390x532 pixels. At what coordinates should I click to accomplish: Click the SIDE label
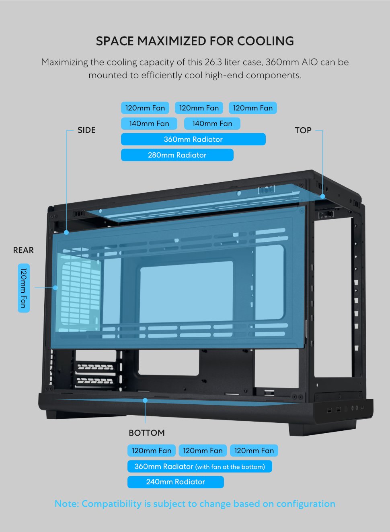pyautogui.click(x=86, y=130)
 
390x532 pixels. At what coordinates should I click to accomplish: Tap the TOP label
pyautogui.click(x=303, y=130)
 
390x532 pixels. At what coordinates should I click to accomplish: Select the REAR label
pyautogui.click(x=23, y=250)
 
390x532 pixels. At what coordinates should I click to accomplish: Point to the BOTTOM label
pyautogui.click(x=147, y=433)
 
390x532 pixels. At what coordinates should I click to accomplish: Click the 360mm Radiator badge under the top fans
pyautogui.click(x=193, y=139)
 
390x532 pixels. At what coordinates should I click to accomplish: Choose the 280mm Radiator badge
pyautogui.click(x=177, y=155)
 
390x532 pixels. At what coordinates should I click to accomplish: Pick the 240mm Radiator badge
pyautogui.click(x=175, y=482)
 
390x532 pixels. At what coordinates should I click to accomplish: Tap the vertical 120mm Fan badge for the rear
pyautogui.click(x=24, y=288)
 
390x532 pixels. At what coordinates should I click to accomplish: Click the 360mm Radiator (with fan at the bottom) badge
pyautogui.click(x=200, y=466)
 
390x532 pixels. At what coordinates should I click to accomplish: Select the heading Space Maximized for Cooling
pyautogui.click(x=195, y=41)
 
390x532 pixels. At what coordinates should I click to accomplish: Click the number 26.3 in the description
pyautogui.click(x=213, y=62)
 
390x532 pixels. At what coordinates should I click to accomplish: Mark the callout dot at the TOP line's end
pyautogui.click(x=322, y=196)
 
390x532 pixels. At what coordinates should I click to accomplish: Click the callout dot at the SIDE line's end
pyautogui.click(x=66, y=232)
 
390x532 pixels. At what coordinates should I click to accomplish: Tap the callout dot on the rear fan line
pyautogui.click(x=55, y=287)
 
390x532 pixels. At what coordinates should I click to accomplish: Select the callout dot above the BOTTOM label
pyautogui.click(x=145, y=400)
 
